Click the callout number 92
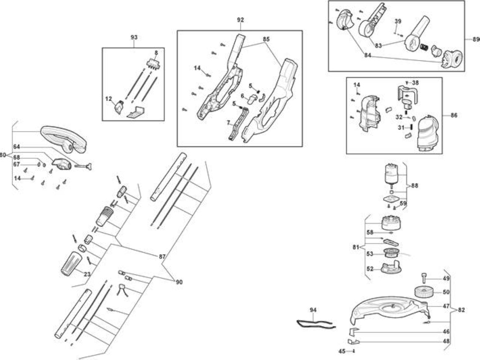pyautogui.click(x=241, y=20)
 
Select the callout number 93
pyautogui.click(x=134, y=37)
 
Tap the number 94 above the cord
pyautogui.click(x=313, y=310)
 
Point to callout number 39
pyautogui.click(x=398, y=22)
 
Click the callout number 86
pyautogui.click(x=454, y=115)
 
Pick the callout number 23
pyautogui.click(x=87, y=274)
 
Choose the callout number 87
pyautogui.click(x=162, y=256)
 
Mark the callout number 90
pyautogui.click(x=179, y=282)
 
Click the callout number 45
pyautogui.click(x=342, y=351)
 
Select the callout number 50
pyautogui.click(x=446, y=292)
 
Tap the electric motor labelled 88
pyautogui.click(x=390, y=175)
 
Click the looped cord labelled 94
pyautogui.click(x=316, y=324)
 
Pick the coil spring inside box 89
pyautogui.click(x=423, y=47)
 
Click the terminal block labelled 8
pyautogui.click(x=153, y=64)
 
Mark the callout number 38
pyautogui.click(x=415, y=83)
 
